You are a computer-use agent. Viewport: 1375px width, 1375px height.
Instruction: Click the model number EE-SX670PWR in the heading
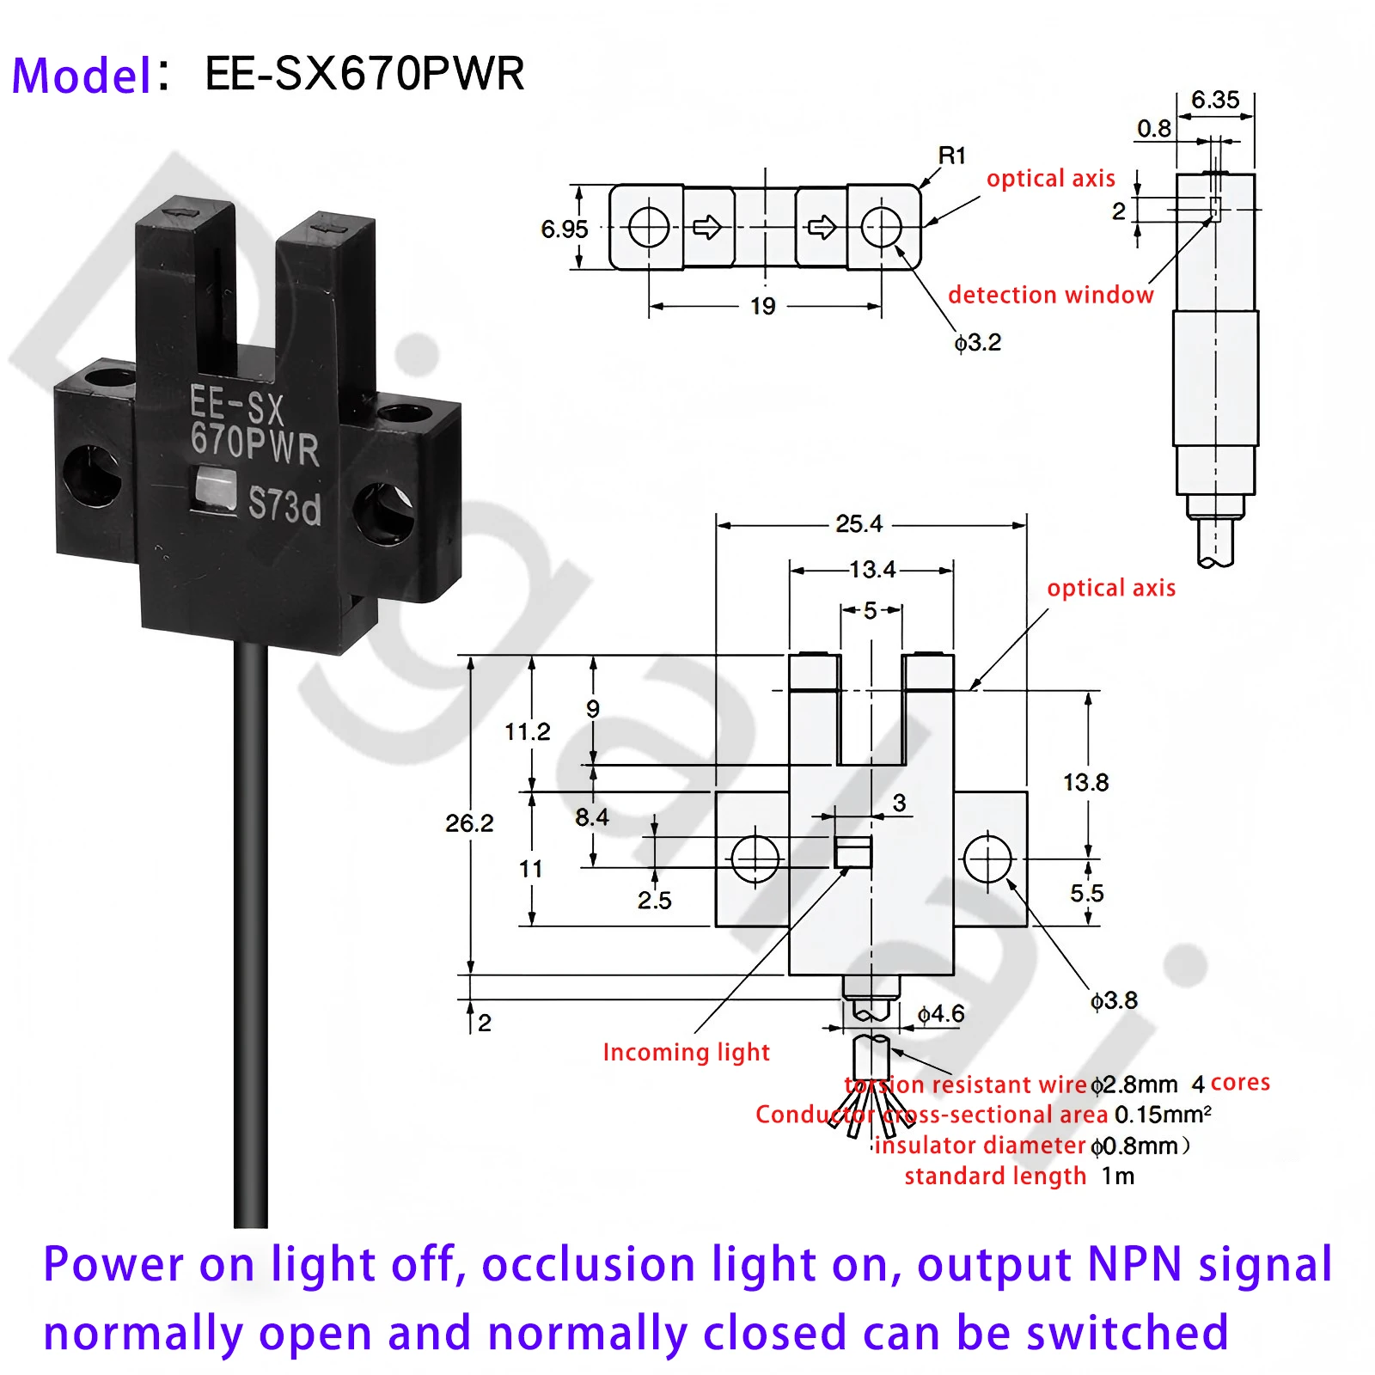(x=364, y=74)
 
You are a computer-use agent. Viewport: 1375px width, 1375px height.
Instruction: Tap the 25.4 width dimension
(x=859, y=523)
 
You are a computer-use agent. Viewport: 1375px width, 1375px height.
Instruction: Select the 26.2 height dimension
(x=469, y=823)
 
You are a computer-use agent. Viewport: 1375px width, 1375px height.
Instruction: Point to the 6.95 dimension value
(x=564, y=229)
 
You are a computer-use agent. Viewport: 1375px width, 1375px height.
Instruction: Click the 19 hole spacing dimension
(x=762, y=307)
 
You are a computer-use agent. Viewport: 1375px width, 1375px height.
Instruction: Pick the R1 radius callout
(x=951, y=156)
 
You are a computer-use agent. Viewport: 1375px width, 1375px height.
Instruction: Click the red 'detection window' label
(x=1050, y=295)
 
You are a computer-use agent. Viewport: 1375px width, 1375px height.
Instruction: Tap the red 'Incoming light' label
(x=686, y=1052)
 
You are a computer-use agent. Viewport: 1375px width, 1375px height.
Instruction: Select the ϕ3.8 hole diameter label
(x=1114, y=1000)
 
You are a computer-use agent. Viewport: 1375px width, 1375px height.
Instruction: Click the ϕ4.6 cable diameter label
(x=941, y=1014)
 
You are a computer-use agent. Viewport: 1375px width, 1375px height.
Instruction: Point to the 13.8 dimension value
(x=1085, y=782)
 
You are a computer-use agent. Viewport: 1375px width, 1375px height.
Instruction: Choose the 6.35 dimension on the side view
(x=1215, y=100)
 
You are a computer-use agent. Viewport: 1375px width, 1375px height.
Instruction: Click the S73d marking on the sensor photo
(x=284, y=504)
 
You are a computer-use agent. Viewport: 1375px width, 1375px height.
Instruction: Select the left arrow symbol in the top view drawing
(x=707, y=228)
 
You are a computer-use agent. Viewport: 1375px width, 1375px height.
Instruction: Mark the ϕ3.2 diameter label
(x=978, y=343)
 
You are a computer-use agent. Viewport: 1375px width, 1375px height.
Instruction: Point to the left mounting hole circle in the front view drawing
(x=755, y=859)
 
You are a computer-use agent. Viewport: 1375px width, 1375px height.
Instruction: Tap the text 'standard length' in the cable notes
(x=994, y=1176)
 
